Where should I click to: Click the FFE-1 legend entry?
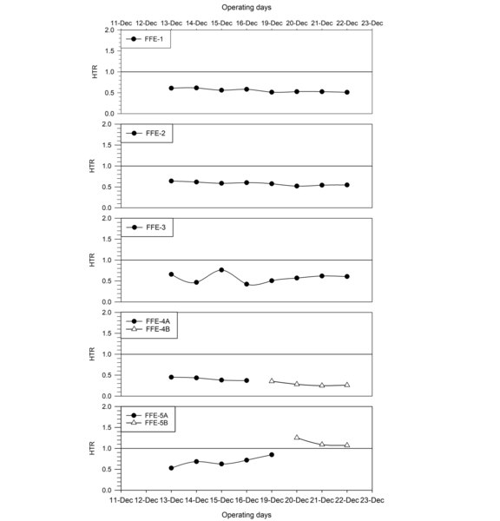pos(145,39)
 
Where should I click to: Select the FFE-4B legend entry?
pos(148,329)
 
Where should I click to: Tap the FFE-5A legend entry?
pos(148,415)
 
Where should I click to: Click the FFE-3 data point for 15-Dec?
pos(221,270)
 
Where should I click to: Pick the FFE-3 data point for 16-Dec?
pos(247,284)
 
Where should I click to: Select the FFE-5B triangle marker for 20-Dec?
pos(297,438)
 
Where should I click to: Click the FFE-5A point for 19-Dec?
pos(272,454)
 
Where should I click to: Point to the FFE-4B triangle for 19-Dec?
pos(272,381)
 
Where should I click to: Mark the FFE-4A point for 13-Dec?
pos(171,377)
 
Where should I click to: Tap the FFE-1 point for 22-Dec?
pos(347,92)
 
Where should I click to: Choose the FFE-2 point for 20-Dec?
pos(297,187)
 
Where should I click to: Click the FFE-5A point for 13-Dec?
pos(171,468)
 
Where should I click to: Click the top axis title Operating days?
pos(247,7)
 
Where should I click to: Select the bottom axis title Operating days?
pos(247,515)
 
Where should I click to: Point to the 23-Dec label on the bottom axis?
pos(372,500)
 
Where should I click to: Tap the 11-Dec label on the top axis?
pos(122,23)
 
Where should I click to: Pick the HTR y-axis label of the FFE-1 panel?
pos(95,71)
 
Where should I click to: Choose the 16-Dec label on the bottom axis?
pos(247,500)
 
